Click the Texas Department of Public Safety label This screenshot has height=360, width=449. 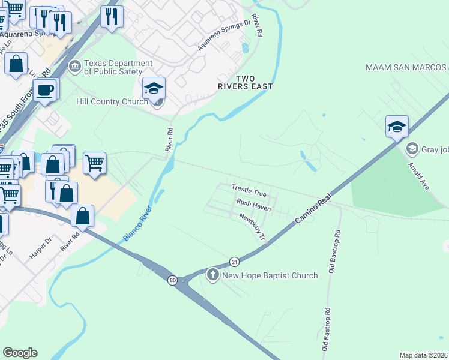point(118,67)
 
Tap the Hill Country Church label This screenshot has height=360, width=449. point(112,101)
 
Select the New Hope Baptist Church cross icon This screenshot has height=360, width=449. point(212,275)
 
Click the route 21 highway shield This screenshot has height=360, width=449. point(234,262)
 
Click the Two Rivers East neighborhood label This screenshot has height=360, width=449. point(246,83)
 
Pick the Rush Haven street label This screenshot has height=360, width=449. point(253,205)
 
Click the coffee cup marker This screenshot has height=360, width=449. point(45,91)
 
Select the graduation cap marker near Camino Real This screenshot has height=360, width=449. point(397,127)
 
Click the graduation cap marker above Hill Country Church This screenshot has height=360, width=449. point(154,88)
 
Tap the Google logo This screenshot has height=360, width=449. point(20,353)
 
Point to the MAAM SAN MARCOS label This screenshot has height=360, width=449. point(406,67)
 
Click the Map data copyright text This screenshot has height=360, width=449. point(423,355)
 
